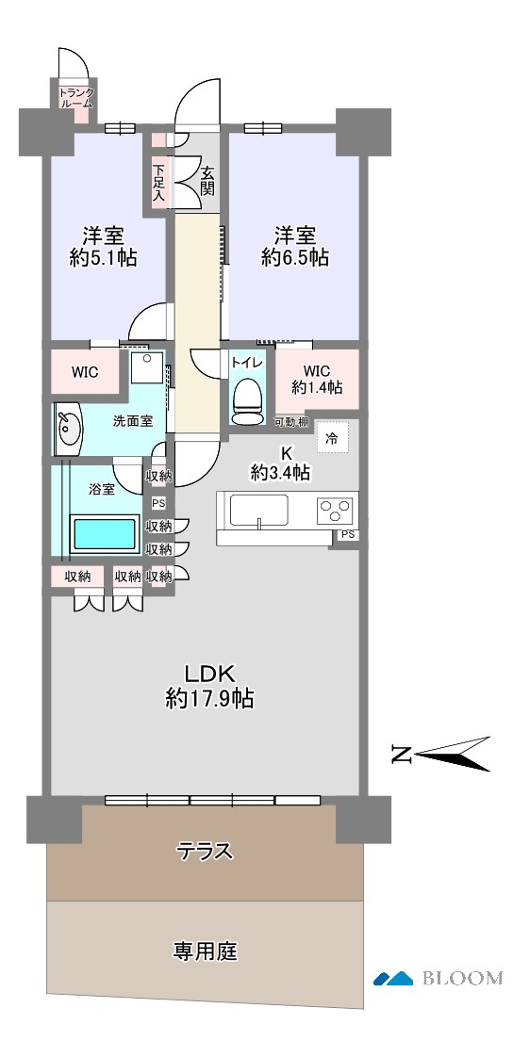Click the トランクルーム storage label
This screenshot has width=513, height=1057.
click(76, 98)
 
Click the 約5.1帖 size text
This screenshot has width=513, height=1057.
click(104, 257)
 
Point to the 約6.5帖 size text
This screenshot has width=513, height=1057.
click(295, 257)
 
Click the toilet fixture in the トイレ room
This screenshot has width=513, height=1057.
click(247, 400)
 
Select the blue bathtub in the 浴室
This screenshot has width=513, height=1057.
click(105, 534)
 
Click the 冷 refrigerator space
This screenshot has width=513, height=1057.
click(331, 438)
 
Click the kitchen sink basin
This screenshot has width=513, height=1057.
click(259, 511)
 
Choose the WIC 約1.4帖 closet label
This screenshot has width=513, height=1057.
click(317, 380)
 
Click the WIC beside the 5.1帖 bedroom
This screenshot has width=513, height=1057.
click(85, 372)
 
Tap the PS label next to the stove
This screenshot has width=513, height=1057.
click(347, 534)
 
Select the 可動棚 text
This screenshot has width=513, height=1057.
click(291, 423)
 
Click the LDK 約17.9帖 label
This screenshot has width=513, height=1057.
click(210, 686)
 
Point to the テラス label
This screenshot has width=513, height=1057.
click(205, 852)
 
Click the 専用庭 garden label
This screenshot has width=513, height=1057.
click(206, 951)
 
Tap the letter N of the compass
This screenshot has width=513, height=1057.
click(402, 755)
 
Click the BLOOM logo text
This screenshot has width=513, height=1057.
click(463, 978)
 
